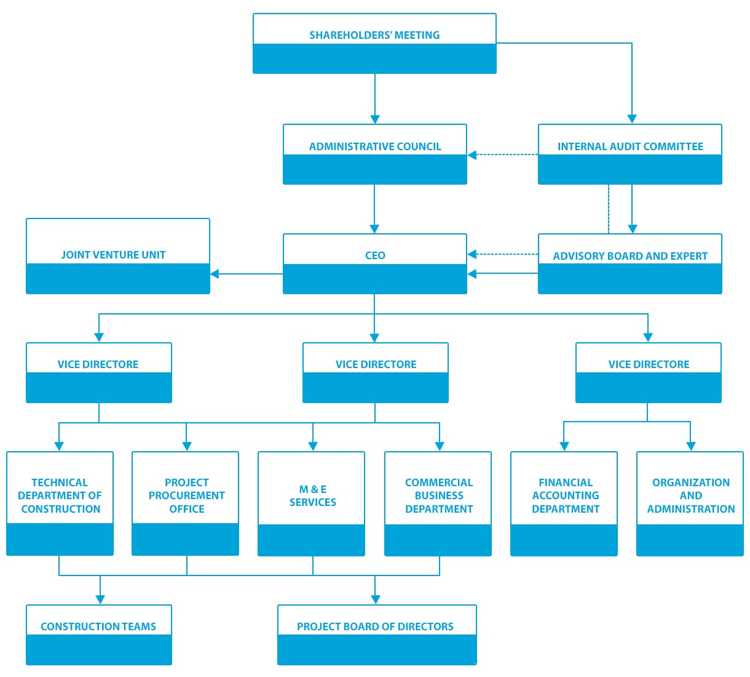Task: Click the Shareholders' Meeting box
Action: [374, 44]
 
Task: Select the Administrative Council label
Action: [375, 146]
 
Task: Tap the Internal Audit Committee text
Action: [630, 146]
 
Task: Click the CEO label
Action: [375, 255]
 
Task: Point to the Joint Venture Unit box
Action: [118, 256]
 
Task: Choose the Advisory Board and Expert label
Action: [630, 256]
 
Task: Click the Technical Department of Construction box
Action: [60, 503]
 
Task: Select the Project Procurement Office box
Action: [186, 503]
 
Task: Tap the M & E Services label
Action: [312, 496]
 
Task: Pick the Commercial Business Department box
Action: [438, 504]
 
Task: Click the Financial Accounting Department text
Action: [566, 496]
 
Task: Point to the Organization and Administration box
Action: [690, 504]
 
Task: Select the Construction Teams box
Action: [99, 635]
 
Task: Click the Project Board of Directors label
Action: [375, 627]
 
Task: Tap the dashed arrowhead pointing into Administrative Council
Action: [472, 155]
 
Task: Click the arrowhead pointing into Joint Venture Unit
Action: [215, 274]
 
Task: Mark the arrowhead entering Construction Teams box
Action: [100, 600]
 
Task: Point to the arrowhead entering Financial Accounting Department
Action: [564, 447]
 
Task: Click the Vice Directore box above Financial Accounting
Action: [649, 373]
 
